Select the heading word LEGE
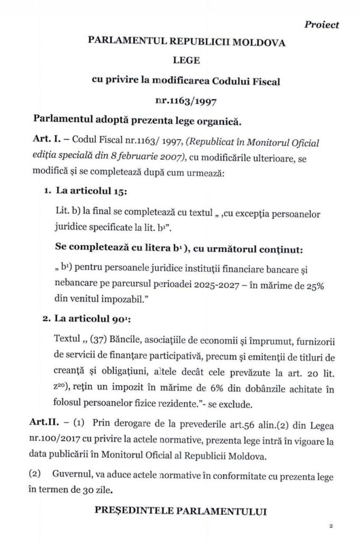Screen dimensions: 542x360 [x=180, y=61]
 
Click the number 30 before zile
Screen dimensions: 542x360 [x=87, y=490]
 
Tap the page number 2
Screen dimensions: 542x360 [x=330, y=526]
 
